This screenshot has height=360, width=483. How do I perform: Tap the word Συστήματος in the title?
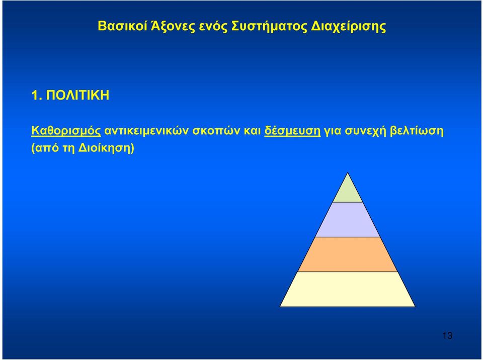pyautogui.click(x=269, y=27)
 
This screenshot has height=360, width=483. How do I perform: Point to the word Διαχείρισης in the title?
pyautogui.click(x=348, y=27)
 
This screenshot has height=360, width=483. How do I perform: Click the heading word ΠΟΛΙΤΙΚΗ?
pyautogui.click(x=77, y=95)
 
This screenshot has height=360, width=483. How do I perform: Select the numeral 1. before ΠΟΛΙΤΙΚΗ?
pyautogui.click(x=36, y=95)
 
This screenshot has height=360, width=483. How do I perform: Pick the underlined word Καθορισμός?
pyautogui.click(x=66, y=131)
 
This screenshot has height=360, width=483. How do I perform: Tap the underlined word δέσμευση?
pyautogui.click(x=292, y=131)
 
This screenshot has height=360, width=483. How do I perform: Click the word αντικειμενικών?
pyautogui.click(x=146, y=131)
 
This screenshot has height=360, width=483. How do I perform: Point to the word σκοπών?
pyautogui.click(x=216, y=131)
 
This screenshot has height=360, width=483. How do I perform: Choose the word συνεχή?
pyautogui.click(x=365, y=131)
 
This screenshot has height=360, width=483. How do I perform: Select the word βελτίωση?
pyautogui.click(x=417, y=131)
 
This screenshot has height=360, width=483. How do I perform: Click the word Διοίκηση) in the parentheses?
pyautogui.click(x=107, y=148)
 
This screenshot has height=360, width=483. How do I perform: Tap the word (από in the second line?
pyautogui.click(x=45, y=148)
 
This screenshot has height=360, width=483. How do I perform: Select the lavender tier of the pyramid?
pyautogui.click(x=348, y=220)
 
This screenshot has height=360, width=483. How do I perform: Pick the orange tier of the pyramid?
pyautogui.click(x=348, y=254)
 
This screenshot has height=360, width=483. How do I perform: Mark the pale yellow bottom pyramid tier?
pyautogui.click(x=348, y=289)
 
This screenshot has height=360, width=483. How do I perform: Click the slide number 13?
pyautogui.click(x=447, y=335)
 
